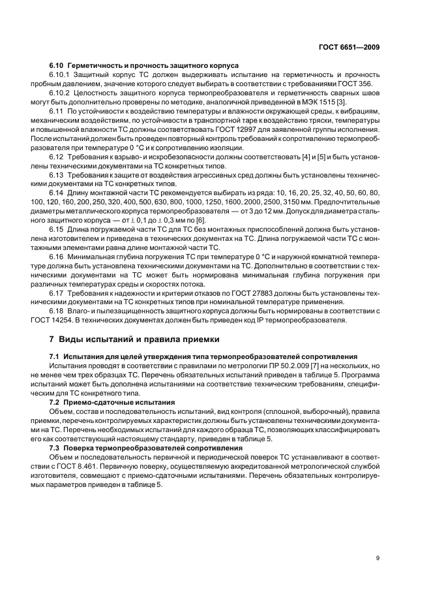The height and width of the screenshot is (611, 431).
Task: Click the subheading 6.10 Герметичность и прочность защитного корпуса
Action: [144, 66]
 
